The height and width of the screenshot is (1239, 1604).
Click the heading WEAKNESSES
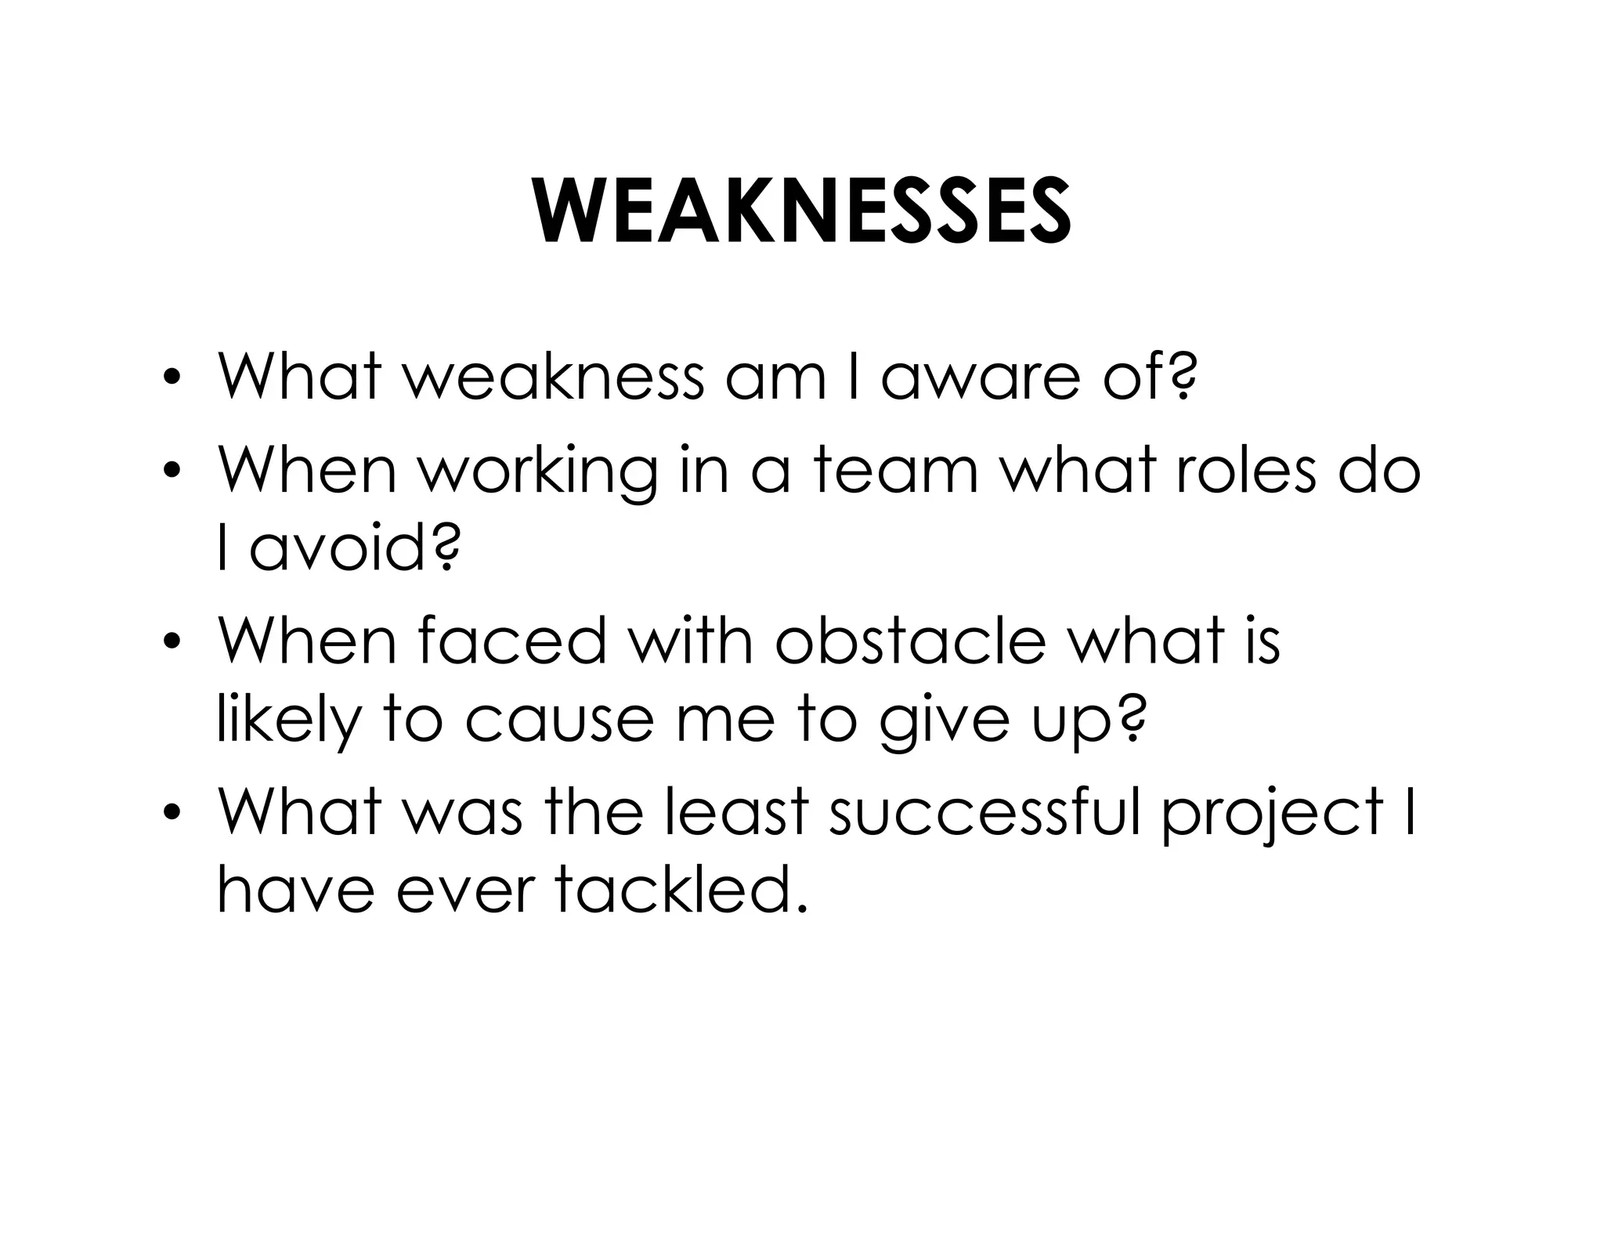(802, 212)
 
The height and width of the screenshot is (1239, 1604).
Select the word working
(537, 473)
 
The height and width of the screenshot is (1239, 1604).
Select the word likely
(287, 722)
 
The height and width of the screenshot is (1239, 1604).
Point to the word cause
(558, 722)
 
